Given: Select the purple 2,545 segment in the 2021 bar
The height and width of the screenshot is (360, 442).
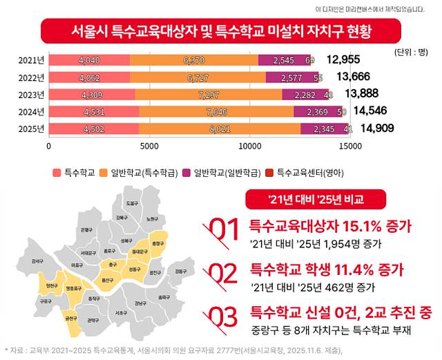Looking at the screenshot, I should click(285, 61).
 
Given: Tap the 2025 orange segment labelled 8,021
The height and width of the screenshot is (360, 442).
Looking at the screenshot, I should click(220, 128).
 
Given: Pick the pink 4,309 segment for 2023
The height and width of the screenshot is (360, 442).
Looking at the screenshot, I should click(92, 95).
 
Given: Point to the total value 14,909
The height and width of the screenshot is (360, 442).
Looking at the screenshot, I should click(378, 128).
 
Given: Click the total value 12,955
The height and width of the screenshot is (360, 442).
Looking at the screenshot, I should click(344, 61).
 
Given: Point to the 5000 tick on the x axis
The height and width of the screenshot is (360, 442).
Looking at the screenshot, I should click(148, 146).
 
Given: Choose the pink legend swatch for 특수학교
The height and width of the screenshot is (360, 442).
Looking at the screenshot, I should click(57, 171).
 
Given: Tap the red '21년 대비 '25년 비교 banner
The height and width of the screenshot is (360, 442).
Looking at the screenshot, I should click(305, 200).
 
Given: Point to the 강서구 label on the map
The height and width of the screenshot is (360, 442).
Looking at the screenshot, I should click(37, 261).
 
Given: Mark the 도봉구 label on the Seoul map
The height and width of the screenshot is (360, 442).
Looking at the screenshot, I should click(131, 203).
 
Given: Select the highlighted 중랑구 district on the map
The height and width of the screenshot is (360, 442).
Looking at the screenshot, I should click(158, 244).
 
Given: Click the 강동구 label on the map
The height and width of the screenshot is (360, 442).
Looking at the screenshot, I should click(181, 271).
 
